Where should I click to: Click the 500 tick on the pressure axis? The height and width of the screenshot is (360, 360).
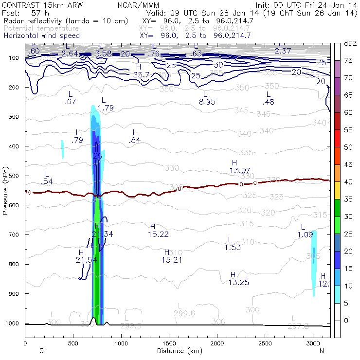(x=17, y=176)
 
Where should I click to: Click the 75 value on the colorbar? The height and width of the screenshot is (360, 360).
(x=349, y=60)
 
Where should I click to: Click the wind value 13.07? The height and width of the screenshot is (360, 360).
(x=240, y=170)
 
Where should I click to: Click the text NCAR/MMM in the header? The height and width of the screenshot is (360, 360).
(x=138, y=5)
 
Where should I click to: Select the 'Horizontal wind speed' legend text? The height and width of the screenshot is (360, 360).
(x=41, y=36)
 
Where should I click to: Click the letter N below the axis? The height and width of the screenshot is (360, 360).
(x=322, y=350)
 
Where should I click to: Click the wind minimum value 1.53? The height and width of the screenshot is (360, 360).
(x=233, y=248)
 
